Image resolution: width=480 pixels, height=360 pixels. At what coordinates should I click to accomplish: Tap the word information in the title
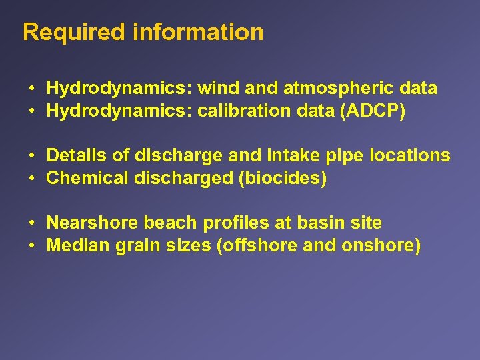pos(198,33)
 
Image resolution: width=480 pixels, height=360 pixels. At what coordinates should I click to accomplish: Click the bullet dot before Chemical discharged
pos(32,179)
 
